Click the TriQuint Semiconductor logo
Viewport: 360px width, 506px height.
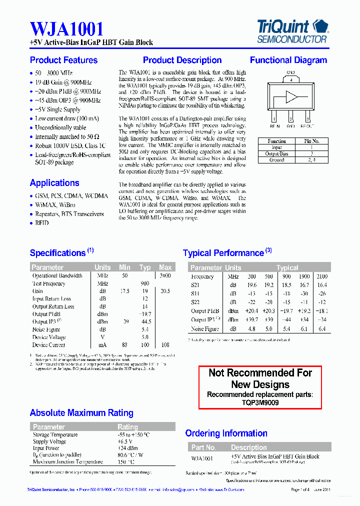(x=292, y=30)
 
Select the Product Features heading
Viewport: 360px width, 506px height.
(x=63, y=60)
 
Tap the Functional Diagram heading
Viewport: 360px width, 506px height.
(x=288, y=60)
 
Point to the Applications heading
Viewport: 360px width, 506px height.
(x=54, y=183)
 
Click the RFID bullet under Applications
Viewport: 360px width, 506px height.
(x=42, y=223)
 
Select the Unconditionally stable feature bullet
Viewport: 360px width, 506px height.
(x=60, y=127)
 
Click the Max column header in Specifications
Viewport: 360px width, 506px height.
(x=165, y=267)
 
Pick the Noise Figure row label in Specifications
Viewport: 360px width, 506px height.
(x=46, y=329)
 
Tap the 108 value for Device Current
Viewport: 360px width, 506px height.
(x=165, y=345)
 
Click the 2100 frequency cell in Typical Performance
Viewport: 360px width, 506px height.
(x=321, y=276)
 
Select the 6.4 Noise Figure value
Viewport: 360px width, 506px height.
(x=321, y=329)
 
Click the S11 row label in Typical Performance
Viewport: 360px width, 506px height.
(x=195, y=293)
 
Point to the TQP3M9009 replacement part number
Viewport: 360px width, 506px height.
(x=260, y=402)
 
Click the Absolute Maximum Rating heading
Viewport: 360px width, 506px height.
(x=81, y=413)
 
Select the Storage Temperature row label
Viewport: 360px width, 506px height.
(x=55, y=435)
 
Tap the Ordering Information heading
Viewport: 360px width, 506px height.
(x=226, y=433)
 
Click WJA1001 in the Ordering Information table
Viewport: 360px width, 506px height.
(x=202, y=458)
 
